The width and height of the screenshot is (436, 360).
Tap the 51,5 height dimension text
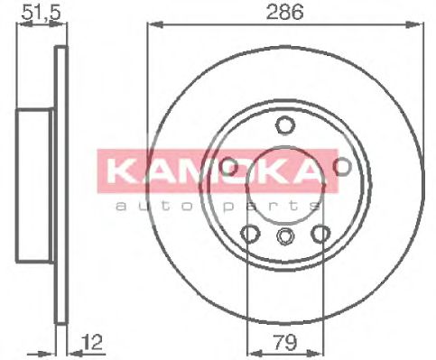pos(34,12)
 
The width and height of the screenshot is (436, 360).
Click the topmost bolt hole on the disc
pos(285,125)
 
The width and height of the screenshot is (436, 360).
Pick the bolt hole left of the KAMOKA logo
pos(228,167)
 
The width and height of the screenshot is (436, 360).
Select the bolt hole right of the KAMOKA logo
pos(342,167)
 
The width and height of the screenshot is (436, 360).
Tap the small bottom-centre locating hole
pos(285,237)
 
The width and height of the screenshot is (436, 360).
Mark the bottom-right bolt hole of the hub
pos(320,234)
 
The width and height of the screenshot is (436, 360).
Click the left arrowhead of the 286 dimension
pos(152,24)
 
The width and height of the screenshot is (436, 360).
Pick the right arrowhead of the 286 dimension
pos(418,24)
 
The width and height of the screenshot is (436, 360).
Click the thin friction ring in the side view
pos(60,180)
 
